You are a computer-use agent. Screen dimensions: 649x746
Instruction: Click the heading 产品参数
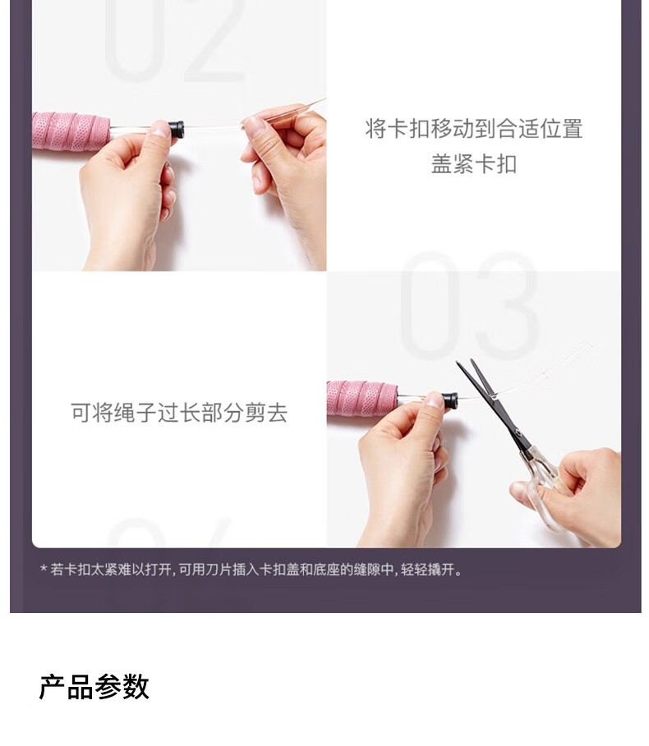tap(94, 687)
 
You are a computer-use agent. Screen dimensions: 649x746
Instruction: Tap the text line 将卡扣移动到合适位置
tap(474, 129)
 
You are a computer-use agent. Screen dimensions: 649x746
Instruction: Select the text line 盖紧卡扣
tap(474, 164)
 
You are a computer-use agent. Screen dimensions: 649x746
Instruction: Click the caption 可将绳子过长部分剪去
tap(179, 413)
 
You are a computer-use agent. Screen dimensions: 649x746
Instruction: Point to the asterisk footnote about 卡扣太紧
tap(251, 570)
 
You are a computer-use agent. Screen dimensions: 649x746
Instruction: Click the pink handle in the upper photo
tap(71, 131)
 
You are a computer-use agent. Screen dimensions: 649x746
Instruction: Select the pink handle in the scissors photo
tap(361, 398)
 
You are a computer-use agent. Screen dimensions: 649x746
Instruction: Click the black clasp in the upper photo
tap(176, 130)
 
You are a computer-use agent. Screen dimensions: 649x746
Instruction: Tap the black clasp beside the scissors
tap(450, 400)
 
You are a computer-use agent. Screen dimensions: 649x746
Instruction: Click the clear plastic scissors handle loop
tap(543, 495)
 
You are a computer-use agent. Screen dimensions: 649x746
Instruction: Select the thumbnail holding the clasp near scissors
tap(435, 399)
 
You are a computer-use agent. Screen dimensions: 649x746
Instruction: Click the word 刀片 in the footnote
tap(219, 570)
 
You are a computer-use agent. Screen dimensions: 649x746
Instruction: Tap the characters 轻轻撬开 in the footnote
tap(427, 570)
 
